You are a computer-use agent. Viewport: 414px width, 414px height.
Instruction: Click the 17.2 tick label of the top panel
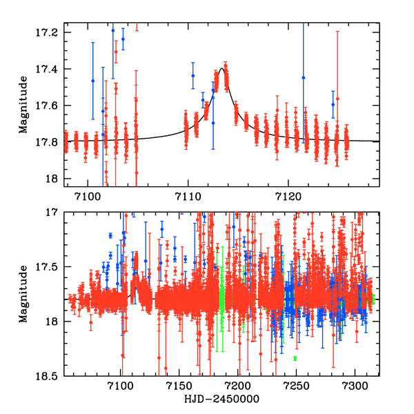(x=48, y=32)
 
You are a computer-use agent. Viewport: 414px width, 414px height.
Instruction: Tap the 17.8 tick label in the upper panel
(x=48, y=142)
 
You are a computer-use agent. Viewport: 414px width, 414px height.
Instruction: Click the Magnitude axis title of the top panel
(x=23, y=106)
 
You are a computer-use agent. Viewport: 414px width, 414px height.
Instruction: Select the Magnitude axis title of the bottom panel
(x=23, y=293)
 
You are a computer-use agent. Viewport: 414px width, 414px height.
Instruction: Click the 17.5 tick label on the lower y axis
(x=48, y=267)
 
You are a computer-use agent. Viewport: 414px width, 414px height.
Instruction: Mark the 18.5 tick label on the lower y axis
(x=48, y=376)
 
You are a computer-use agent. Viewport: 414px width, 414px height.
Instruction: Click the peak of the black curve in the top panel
(x=222, y=68)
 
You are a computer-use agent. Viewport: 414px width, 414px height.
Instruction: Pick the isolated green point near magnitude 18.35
(x=295, y=359)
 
